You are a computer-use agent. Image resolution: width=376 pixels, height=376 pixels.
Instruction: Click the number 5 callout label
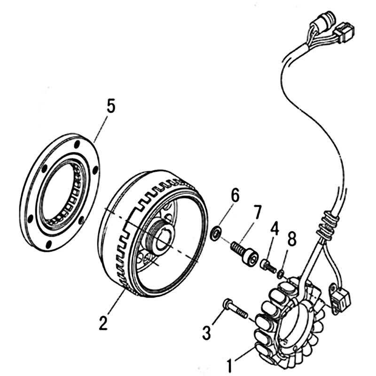click(110, 106)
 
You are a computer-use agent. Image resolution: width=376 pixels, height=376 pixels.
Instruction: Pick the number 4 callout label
click(274, 230)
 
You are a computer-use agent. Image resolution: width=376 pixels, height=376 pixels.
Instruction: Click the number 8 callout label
click(292, 240)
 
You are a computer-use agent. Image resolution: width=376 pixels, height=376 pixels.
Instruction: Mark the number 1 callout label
click(230, 364)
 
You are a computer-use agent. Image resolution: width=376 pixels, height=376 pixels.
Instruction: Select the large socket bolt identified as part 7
click(244, 251)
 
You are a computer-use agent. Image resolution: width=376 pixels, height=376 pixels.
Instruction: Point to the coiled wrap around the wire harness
click(326, 226)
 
